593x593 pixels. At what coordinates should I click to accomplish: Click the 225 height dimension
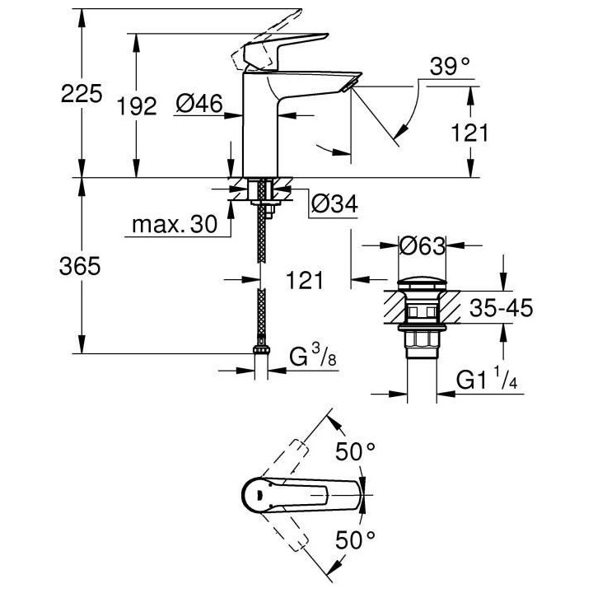tap(82, 93)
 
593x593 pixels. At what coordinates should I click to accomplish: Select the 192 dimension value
tap(137, 105)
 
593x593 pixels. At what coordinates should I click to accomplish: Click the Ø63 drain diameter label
tap(422, 245)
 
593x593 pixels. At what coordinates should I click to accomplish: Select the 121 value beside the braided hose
tap(305, 282)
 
